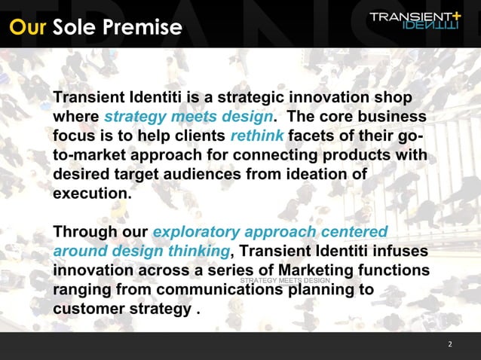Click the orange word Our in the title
(28, 28)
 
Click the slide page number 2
(449, 344)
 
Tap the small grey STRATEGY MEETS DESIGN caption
(286, 281)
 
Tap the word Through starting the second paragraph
(85, 232)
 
